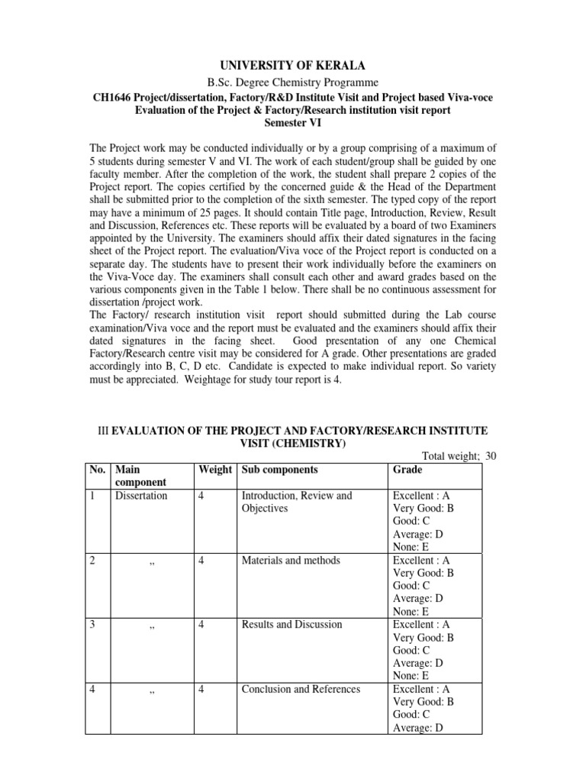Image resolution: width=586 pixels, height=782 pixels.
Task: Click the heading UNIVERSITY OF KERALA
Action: [293, 66]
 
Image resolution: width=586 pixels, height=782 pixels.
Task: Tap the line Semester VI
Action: [293, 122]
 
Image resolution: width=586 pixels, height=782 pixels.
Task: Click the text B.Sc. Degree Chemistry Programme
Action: [293, 82]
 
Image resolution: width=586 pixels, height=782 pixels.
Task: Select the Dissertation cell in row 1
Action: [141, 496]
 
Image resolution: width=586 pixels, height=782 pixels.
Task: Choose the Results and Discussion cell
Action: [291, 625]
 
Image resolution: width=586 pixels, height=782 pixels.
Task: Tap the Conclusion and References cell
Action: [301, 689]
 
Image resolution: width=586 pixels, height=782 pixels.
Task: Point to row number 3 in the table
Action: [92, 625]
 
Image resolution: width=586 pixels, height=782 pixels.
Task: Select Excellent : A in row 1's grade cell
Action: [420, 496]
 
